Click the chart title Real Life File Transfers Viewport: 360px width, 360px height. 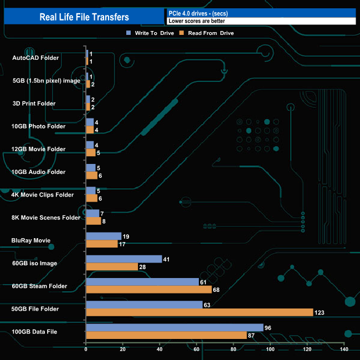click(84, 17)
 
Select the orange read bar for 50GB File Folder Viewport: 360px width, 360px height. click(199, 312)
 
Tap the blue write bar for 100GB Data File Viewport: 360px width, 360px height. click(174, 327)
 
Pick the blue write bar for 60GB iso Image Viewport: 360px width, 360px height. click(124, 259)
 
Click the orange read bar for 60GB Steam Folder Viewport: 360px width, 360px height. click(148, 290)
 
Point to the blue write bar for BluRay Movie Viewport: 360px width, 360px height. click(104, 236)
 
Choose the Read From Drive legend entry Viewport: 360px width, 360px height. click(207, 33)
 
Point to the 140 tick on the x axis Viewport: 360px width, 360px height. click(344, 349)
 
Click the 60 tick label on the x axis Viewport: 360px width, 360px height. click(197, 349)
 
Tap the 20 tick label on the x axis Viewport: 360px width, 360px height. click(123, 349)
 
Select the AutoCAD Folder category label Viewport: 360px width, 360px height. click(35, 58)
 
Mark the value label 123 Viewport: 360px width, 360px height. click(320, 313)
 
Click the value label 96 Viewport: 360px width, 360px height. click(268, 327)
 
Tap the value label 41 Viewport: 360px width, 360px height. click(167, 259)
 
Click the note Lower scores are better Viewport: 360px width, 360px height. click(197, 21)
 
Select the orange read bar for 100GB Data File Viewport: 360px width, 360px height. click(166, 335)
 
